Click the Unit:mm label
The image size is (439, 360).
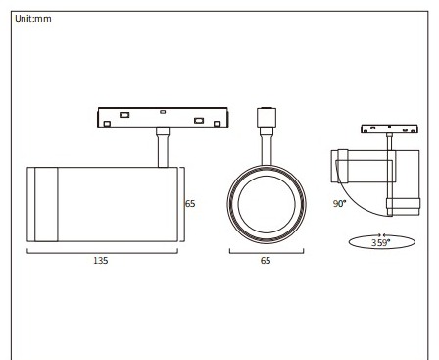tap(33, 19)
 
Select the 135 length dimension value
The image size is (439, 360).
tap(101, 261)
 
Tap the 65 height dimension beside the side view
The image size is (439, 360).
tap(190, 204)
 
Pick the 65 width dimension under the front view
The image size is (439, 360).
tap(266, 261)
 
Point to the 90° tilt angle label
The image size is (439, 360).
tap(339, 204)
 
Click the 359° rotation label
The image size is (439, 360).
tap(380, 243)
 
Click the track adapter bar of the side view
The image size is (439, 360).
tap(163, 117)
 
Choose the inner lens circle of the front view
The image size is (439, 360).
tap(238, 204)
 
